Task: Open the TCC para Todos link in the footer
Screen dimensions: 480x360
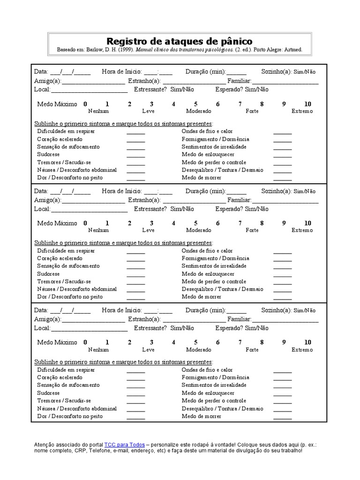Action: point(124,444)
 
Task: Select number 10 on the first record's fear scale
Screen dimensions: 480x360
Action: point(307,104)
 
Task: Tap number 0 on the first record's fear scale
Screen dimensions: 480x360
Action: point(85,104)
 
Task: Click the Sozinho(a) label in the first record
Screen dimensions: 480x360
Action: point(277,72)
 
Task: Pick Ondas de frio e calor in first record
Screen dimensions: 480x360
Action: point(207,132)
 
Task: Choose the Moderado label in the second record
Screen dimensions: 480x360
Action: point(199,231)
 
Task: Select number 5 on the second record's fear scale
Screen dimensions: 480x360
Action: point(195,224)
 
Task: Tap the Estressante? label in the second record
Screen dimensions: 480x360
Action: point(150,209)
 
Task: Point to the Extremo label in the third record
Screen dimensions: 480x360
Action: point(302,350)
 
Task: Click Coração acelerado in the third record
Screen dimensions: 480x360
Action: point(60,377)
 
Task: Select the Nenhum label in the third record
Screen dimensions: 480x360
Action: point(98,350)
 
